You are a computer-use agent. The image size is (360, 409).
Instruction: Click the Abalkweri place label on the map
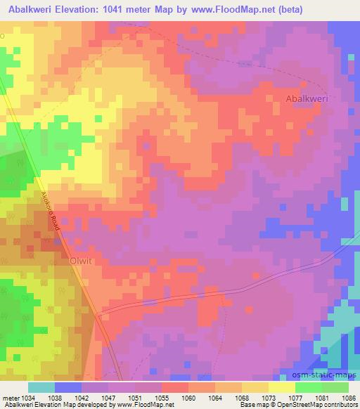pyautogui.click(x=308, y=99)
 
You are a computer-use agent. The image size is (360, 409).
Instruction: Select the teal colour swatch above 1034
pyautogui.click(x=42, y=387)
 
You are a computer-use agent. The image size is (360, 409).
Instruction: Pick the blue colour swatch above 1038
pyautogui.click(x=69, y=387)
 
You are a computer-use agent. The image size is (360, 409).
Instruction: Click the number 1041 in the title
pyautogui.click(x=124, y=9)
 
